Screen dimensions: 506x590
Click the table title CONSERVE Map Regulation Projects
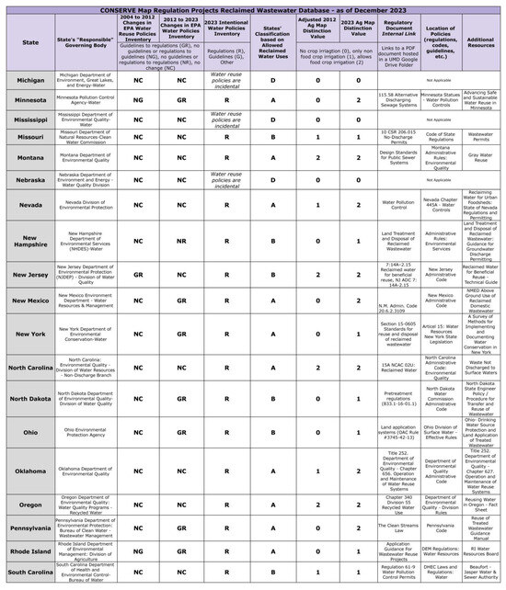[253, 7]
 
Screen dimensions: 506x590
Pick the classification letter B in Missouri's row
[273, 135]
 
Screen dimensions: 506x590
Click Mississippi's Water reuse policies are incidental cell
[225, 119]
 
